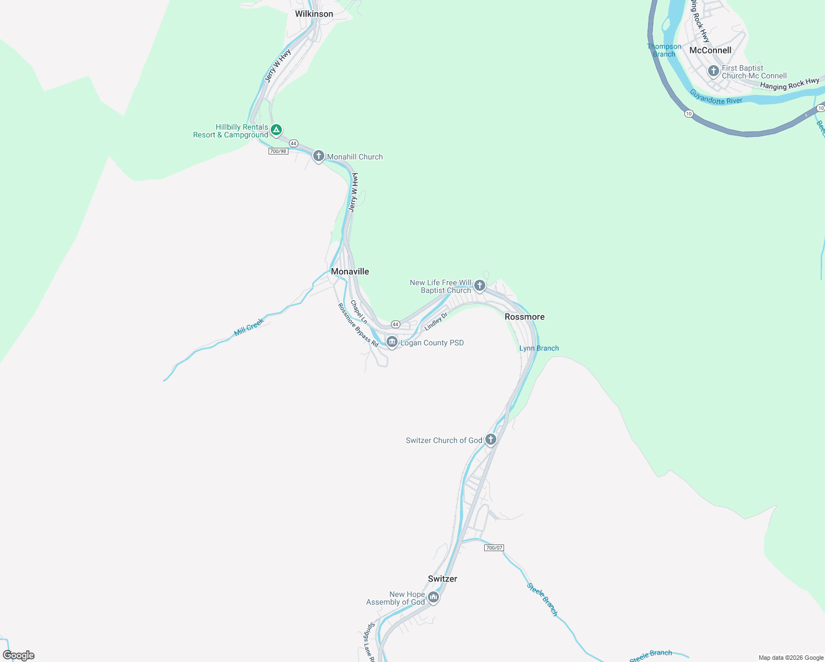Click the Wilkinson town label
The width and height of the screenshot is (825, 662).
click(x=314, y=14)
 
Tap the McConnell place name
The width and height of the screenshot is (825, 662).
click(x=710, y=50)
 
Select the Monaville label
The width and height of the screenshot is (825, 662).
click(x=350, y=271)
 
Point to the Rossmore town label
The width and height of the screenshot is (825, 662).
click(x=524, y=317)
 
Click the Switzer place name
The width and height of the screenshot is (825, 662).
click(x=442, y=579)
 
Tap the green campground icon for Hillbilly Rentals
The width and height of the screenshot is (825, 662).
click(x=276, y=130)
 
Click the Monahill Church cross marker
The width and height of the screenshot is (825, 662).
click(x=318, y=156)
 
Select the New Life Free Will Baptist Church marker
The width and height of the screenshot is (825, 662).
click(x=480, y=285)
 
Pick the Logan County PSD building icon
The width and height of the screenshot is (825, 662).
click(x=392, y=342)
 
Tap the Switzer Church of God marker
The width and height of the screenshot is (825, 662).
click(x=491, y=440)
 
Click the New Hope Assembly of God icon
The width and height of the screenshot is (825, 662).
click(x=433, y=597)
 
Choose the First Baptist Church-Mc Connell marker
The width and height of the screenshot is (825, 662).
click(x=713, y=71)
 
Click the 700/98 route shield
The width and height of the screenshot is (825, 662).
click(x=278, y=151)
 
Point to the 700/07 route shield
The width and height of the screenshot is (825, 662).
click(x=494, y=548)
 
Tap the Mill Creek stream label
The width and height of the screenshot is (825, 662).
click(x=249, y=327)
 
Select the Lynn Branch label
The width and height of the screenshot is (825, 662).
click(x=539, y=348)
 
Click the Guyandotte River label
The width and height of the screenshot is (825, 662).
click(x=716, y=98)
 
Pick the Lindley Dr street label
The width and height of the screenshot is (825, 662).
click(x=436, y=322)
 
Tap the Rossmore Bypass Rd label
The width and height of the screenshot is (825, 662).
click(x=358, y=325)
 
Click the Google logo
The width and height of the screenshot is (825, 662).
click(x=19, y=655)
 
